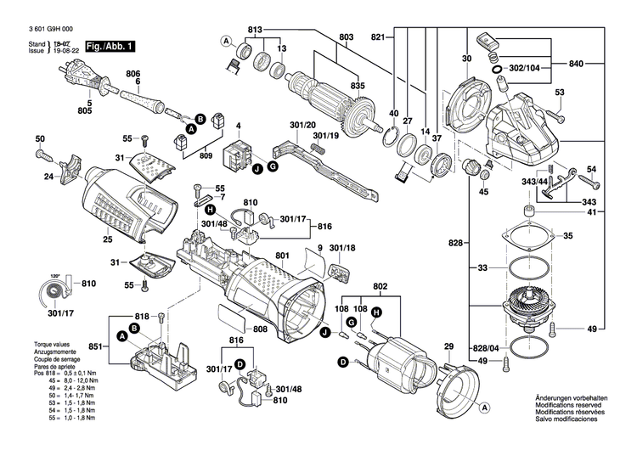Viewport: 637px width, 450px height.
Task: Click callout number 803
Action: tap(346, 37)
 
